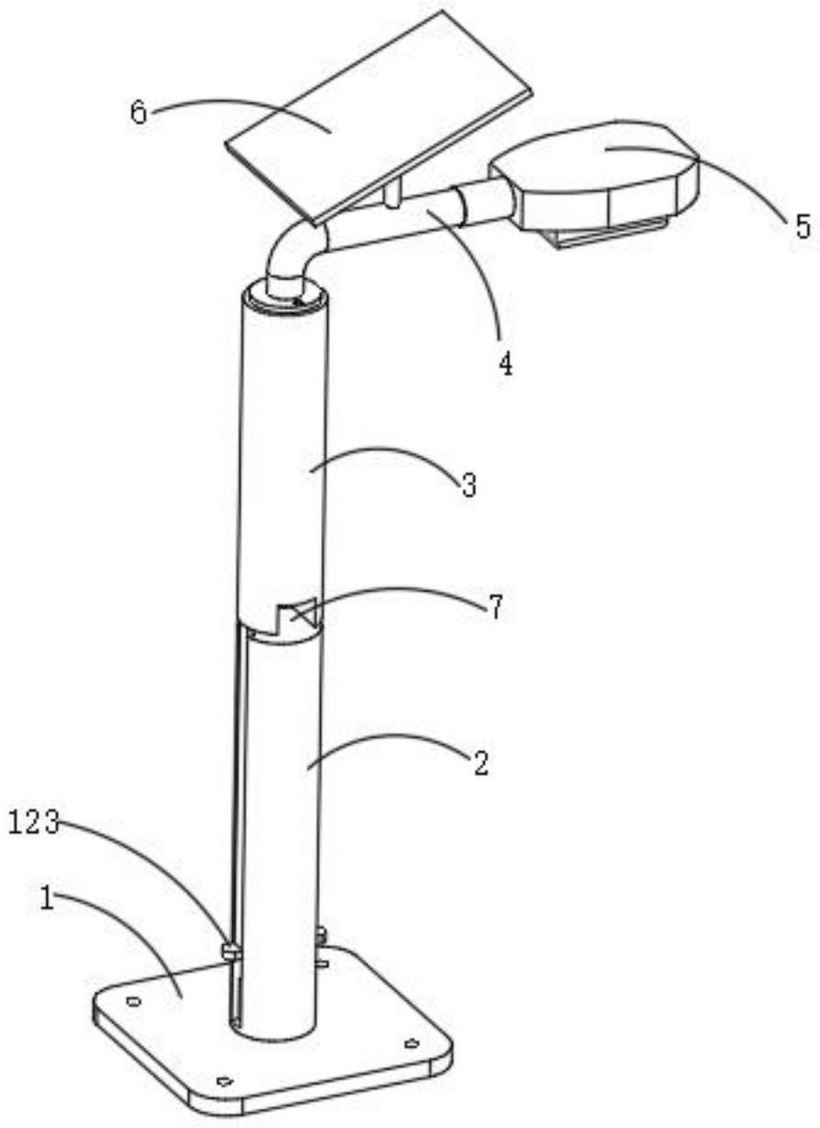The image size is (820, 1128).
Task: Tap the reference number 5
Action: coord(802,225)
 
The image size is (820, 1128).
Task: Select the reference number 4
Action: coord(504,365)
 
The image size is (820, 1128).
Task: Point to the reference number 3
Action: coord(469,485)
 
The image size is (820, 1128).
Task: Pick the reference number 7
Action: coord(495,608)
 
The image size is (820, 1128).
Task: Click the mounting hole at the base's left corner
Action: coord(133,1002)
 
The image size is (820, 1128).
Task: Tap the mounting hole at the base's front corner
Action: coord(222,1080)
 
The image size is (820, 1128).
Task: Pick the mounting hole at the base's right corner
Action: coord(410,1043)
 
